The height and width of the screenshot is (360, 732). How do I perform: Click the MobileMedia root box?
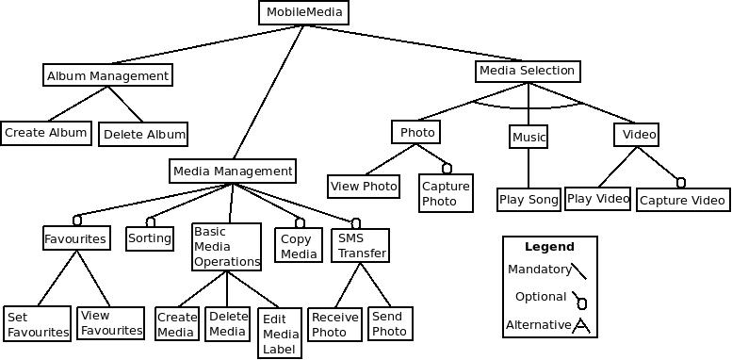(x=302, y=12)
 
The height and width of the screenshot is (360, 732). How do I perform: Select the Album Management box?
(x=107, y=75)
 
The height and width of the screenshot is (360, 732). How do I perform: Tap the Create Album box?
(x=46, y=133)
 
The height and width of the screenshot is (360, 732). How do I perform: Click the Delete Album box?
(x=143, y=135)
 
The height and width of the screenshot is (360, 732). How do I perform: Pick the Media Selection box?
(x=527, y=71)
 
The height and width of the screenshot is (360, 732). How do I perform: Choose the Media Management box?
(x=233, y=172)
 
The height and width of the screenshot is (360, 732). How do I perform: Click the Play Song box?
(x=529, y=200)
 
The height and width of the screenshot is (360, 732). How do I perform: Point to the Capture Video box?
(x=683, y=201)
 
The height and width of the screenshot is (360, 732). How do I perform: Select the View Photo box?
(x=364, y=187)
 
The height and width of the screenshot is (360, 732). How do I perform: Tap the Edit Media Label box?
(x=281, y=334)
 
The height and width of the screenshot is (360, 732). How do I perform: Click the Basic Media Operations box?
(x=226, y=247)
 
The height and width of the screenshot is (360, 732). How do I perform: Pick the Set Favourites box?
(x=37, y=324)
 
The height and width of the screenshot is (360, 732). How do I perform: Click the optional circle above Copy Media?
(x=300, y=223)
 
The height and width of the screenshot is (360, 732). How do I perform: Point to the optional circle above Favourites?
(x=77, y=221)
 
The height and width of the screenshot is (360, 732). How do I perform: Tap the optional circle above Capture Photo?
(x=447, y=169)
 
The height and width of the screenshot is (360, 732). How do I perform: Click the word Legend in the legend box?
(x=549, y=247)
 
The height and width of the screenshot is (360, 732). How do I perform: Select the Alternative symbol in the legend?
(x=581, y=326)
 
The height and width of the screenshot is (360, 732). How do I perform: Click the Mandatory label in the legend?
(x=539, y=270)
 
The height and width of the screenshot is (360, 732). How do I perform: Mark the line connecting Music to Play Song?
(x=529, y=169)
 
